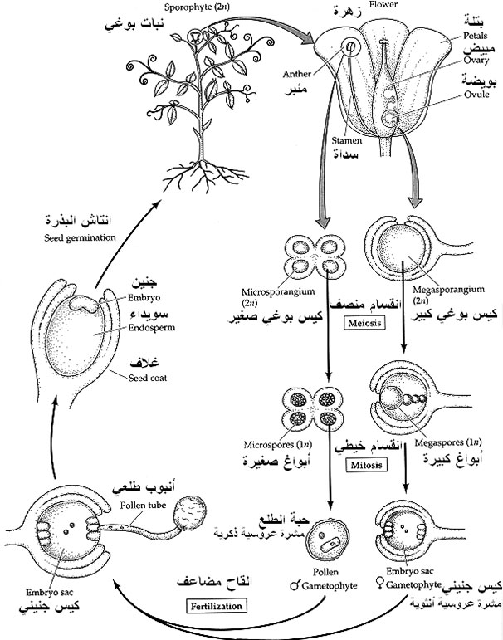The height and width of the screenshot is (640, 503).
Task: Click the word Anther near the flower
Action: click(x=297, y=71)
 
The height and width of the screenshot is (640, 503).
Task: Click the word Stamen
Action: click(x=335, y=141)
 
